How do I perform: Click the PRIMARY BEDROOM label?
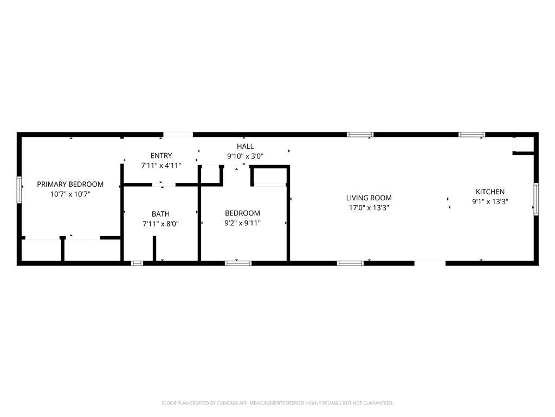(x=70, y=184)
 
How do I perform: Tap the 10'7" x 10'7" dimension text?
(x=70, y=194)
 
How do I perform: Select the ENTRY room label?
(x=161, y=155)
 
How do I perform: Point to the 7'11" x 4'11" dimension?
(x=161, y=165)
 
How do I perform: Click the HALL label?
(x=245, y=146)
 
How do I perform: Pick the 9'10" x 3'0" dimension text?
(x=245, y=156)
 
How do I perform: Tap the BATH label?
(x=160, y=214)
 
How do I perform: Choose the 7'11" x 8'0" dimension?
(x=160, y=224)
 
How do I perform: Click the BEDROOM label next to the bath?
(x=242, y=213)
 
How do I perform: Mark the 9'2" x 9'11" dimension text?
(x=242, y=223)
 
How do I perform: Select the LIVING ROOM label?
(x=369, y=198)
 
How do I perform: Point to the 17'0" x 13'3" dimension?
(x=369, y=208)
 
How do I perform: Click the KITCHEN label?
(x=490, y=192)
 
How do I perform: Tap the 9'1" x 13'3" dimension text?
(x=490, y=202)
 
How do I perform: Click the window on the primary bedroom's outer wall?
(x=19, y=189)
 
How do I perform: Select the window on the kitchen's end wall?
(x=536, y=199)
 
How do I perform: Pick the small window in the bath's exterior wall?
(x=137, y=263)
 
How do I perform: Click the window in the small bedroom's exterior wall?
(x=238, y=263)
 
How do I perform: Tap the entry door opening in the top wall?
(x=178, y=135)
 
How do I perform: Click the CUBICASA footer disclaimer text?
(x=277, y=403)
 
